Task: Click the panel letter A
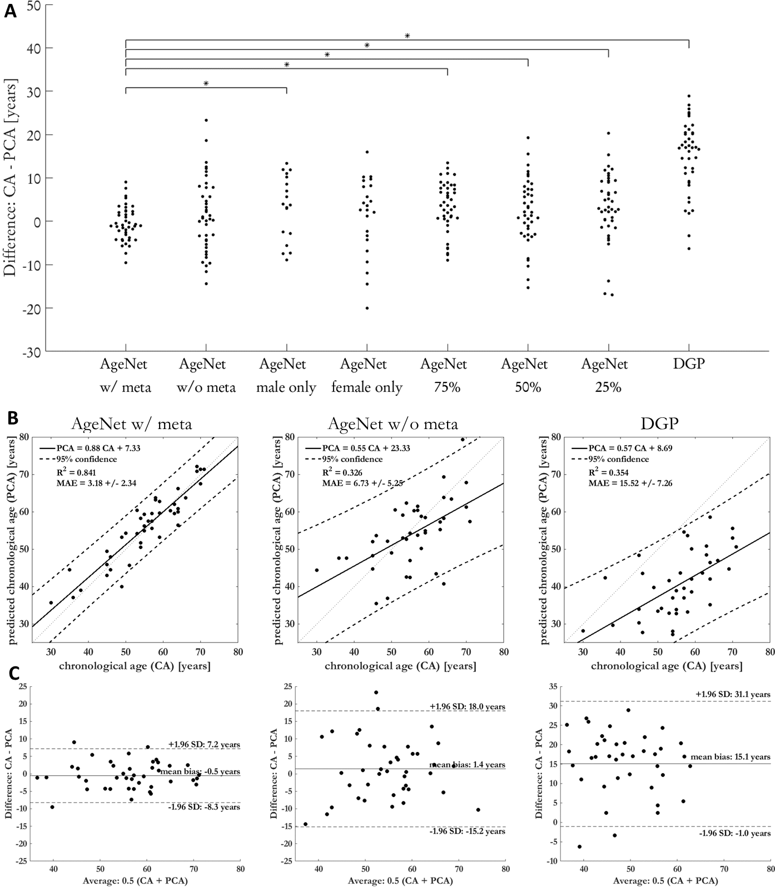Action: pyautogui.click(x=11, y=12)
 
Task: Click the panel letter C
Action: pyautogui.click(x=18, y=674)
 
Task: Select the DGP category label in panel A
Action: pyautogui.click(x=688, y=364)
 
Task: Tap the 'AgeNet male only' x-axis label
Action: pyautogui.click(x=286, y=376)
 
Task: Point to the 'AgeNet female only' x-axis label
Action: pyautogui.click(x=366, y=376)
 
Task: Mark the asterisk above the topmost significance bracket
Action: pyautogui.click(x=407, y=36)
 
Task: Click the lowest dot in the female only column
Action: pyautogui.click(x=367, y=308)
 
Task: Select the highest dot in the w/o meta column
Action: pyautogui.click(x=206, y=120)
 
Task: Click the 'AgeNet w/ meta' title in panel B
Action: pyautogui.click(x=132, y=424)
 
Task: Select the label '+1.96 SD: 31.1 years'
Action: pyautogui.click(x=733, y=694)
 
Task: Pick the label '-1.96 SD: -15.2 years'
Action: pyautogui.click(x=468, y=831)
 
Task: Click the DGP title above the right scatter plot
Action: pyautogui.click(x=664, y=424)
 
